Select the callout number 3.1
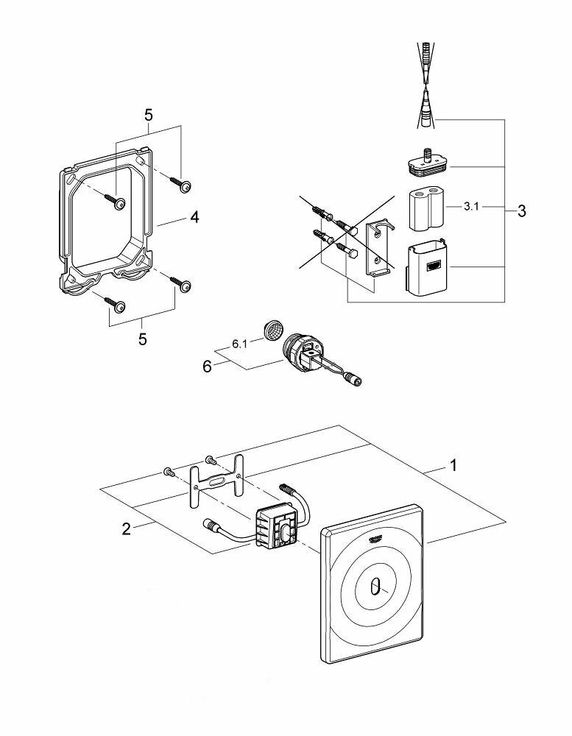point(470,208)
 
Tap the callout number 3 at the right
point(521,211)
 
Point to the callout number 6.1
point(241,342)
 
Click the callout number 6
point(208,366)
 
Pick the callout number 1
point(454,465)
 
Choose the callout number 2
point(127,528)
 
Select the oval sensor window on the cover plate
point(375,587)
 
